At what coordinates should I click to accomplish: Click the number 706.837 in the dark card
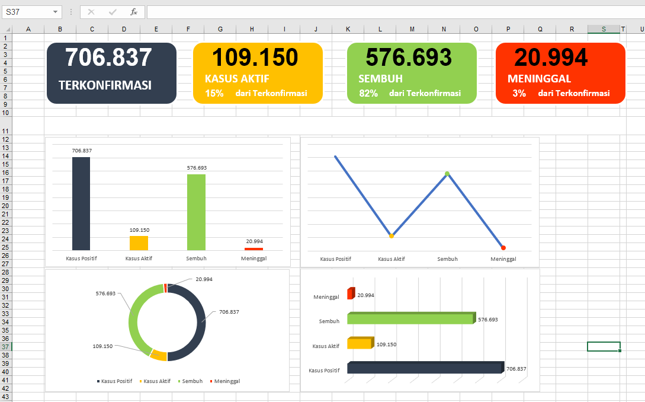(108, 58)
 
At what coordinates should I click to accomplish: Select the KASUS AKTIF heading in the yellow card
(237, 78)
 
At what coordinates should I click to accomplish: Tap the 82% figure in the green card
(368, 93)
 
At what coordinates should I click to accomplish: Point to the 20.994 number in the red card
(551, 58)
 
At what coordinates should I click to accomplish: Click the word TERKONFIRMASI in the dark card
(105, 85)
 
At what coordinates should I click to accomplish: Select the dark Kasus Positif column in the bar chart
(81, 203)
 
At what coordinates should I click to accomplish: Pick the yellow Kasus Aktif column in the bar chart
(139, 243)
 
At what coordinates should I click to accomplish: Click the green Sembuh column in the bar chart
(196, 212)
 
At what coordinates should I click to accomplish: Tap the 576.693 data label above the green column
(197, 168)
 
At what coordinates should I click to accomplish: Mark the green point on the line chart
(447, 174)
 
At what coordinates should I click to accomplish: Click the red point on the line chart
(503, 247)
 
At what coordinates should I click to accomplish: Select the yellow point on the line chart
(392, 236)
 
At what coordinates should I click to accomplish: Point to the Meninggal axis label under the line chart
(503, 259)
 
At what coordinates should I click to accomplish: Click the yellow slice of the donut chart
(158, 355)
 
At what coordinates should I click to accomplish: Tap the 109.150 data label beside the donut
(102, 346)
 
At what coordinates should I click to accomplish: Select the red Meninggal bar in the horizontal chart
(350, 294)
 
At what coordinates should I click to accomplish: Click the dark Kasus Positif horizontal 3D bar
(423, 368)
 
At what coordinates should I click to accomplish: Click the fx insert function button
(134, 12)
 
